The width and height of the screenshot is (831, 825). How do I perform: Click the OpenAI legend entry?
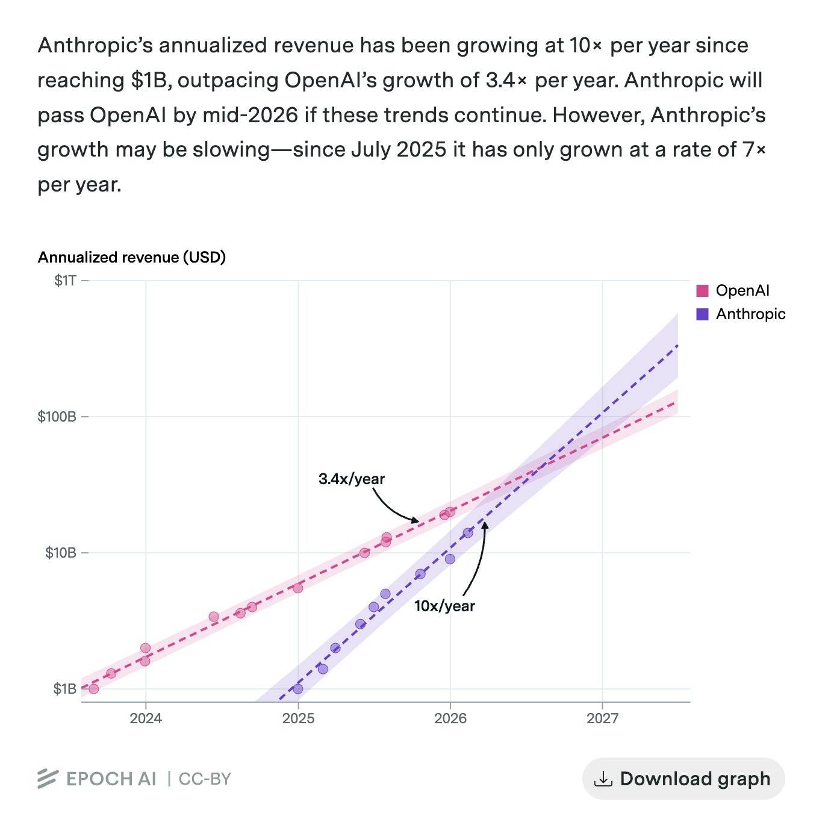[x=733, y=291]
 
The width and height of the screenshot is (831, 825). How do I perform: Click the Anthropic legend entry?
[x=741, y=314]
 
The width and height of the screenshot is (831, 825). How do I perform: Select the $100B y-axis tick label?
[x=57, y=417]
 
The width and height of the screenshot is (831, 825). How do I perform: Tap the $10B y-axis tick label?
[x=61, y=553]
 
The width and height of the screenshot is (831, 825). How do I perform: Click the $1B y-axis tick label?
[x=64, y=689]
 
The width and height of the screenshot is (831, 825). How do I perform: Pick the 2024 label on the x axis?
[x=145, y=718]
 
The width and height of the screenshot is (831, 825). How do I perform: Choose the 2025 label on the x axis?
[x=297, y=718]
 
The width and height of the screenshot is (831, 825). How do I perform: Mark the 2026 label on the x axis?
[x=450, y=718]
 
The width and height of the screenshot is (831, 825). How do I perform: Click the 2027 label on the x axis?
[x=602, y=718]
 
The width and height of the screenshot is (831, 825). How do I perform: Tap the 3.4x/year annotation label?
[x=351, y=479]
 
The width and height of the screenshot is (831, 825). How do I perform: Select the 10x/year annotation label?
[x=444, y=606]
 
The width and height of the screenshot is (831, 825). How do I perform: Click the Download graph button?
[x=683, y=779]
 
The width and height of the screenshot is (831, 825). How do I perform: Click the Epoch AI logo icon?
[x=48, y=779]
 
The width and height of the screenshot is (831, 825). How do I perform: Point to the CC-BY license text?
[x=205, y=779]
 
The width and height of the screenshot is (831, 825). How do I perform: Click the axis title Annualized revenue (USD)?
[x=131, y=258]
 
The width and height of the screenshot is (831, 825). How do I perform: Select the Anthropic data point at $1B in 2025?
[x=297, y=689]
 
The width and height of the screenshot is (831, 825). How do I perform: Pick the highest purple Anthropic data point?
[x=468, y=533]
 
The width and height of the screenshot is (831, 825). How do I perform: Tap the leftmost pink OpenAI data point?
[x=93, y=689]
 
